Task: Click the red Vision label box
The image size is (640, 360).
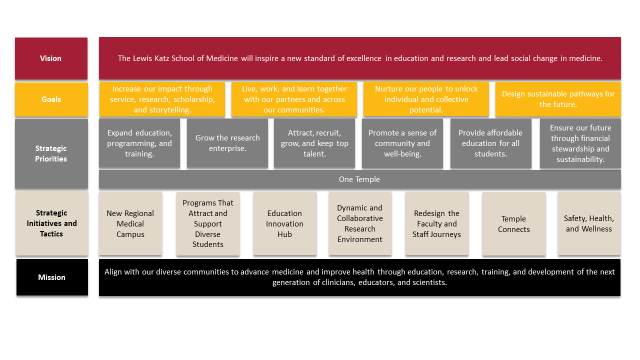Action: pyautogui.click(x=51, y=58)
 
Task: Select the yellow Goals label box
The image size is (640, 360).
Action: pyautogui.click(x=51, y=99)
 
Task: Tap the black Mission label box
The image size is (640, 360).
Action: pyautogui.click(x=52, y=277)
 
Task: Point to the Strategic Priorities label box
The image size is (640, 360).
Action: pyautogui.click(x=51, y=153)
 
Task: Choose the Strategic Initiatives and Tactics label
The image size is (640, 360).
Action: pyautogui.click(x=51, y=223)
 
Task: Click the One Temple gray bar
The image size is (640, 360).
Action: pyautogui.click(x=359, y=179)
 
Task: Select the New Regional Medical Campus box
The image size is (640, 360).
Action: pyautogui.click(x=130, y=223)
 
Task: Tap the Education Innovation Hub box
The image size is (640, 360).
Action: pyautogui.click(x=284, y=223)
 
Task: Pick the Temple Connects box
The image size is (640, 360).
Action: pyautogui.click(x=513, y=224)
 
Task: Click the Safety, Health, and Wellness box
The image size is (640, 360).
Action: pyautogui.click(x=589, y=223)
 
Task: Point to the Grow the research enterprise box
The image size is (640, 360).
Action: pyautogui.click(x=227, y=143)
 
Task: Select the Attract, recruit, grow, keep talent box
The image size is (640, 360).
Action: pyautogui.click(x=314, y=143)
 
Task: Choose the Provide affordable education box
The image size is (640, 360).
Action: pyautogui.click(x=490, y=143)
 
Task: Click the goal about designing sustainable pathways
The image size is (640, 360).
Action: pyautogui.click(x=558, y=99)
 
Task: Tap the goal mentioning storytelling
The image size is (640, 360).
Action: pyautogui.click(x=162, y=99)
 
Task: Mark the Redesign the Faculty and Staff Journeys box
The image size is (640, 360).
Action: pyautogui.click(x=436, y=223)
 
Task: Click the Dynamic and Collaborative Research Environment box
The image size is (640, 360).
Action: pyautogui.click(x=359, y=223)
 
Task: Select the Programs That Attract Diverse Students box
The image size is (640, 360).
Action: pyautogui.click(x=208, y=223)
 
